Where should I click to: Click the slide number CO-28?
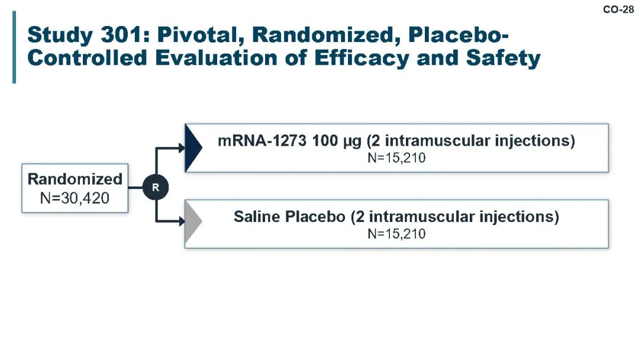coord(618,9)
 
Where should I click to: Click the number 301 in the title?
coord(122,35)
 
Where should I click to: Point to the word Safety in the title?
coord(503,58)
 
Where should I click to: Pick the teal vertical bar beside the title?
coord(14,47)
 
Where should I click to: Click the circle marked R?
coord(156,188)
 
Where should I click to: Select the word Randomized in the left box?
coord(75,179)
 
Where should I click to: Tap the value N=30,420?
coord(75,198)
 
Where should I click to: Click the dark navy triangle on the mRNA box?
coord(193,148)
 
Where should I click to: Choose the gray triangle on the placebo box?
coord(193,224)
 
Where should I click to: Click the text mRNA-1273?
coord(262,141)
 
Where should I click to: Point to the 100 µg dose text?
coord(337,141)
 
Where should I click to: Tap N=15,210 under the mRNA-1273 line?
coord(396,157)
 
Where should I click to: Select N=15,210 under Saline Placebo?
coord(396,234)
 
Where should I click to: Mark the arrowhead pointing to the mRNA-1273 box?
coord(182,148)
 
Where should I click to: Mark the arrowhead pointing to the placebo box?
coord(182,221)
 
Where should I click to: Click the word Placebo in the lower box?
coord(315,217)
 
